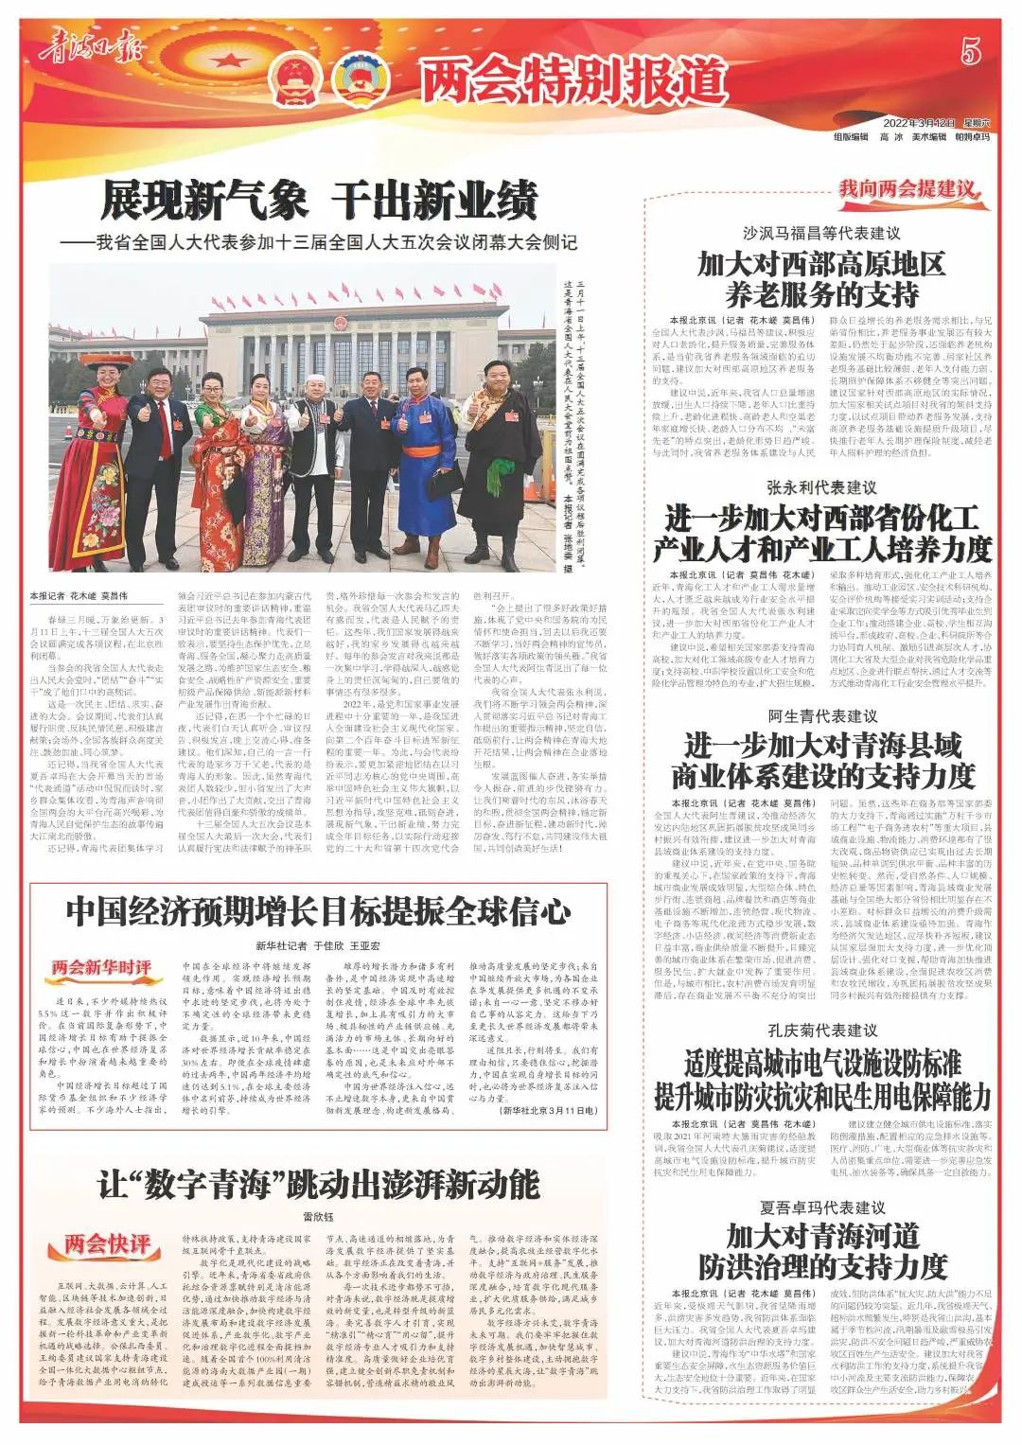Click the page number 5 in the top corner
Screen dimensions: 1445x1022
[x=971, y=52]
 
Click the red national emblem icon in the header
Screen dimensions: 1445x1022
[x=290, y=79]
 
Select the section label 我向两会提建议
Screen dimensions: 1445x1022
[x=907, y=188]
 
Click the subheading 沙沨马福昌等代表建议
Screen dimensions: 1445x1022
[x=820, y=233]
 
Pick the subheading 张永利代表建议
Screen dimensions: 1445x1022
[x=821, y=487]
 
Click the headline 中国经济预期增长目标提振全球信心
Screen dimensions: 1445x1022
[x=318, y=911]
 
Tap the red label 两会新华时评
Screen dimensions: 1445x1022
[x=101, y=966]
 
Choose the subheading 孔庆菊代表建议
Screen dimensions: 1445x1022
[x=821, y=1030]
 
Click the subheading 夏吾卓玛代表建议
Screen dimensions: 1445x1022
[x=821, y=1207]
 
